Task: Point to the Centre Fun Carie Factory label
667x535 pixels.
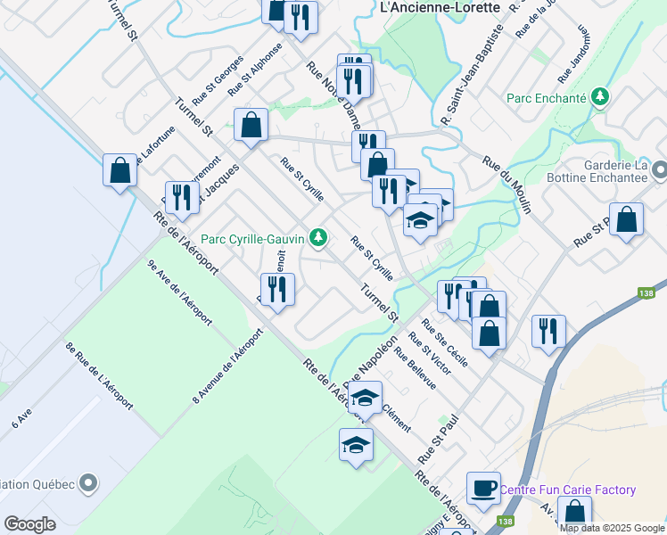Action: (x=568, y=490)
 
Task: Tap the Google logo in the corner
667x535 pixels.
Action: (x=29, y=524)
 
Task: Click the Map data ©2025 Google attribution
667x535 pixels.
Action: (x=612, y=528)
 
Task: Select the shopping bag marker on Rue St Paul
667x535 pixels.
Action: (x=628, y=221)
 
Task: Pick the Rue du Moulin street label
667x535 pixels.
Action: (x=506, y=185)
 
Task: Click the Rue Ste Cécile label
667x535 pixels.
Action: (x=444, y=337)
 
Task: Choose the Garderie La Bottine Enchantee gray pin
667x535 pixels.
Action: (x=659, y=169)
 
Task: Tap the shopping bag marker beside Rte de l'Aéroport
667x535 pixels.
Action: (x=119, y=170)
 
